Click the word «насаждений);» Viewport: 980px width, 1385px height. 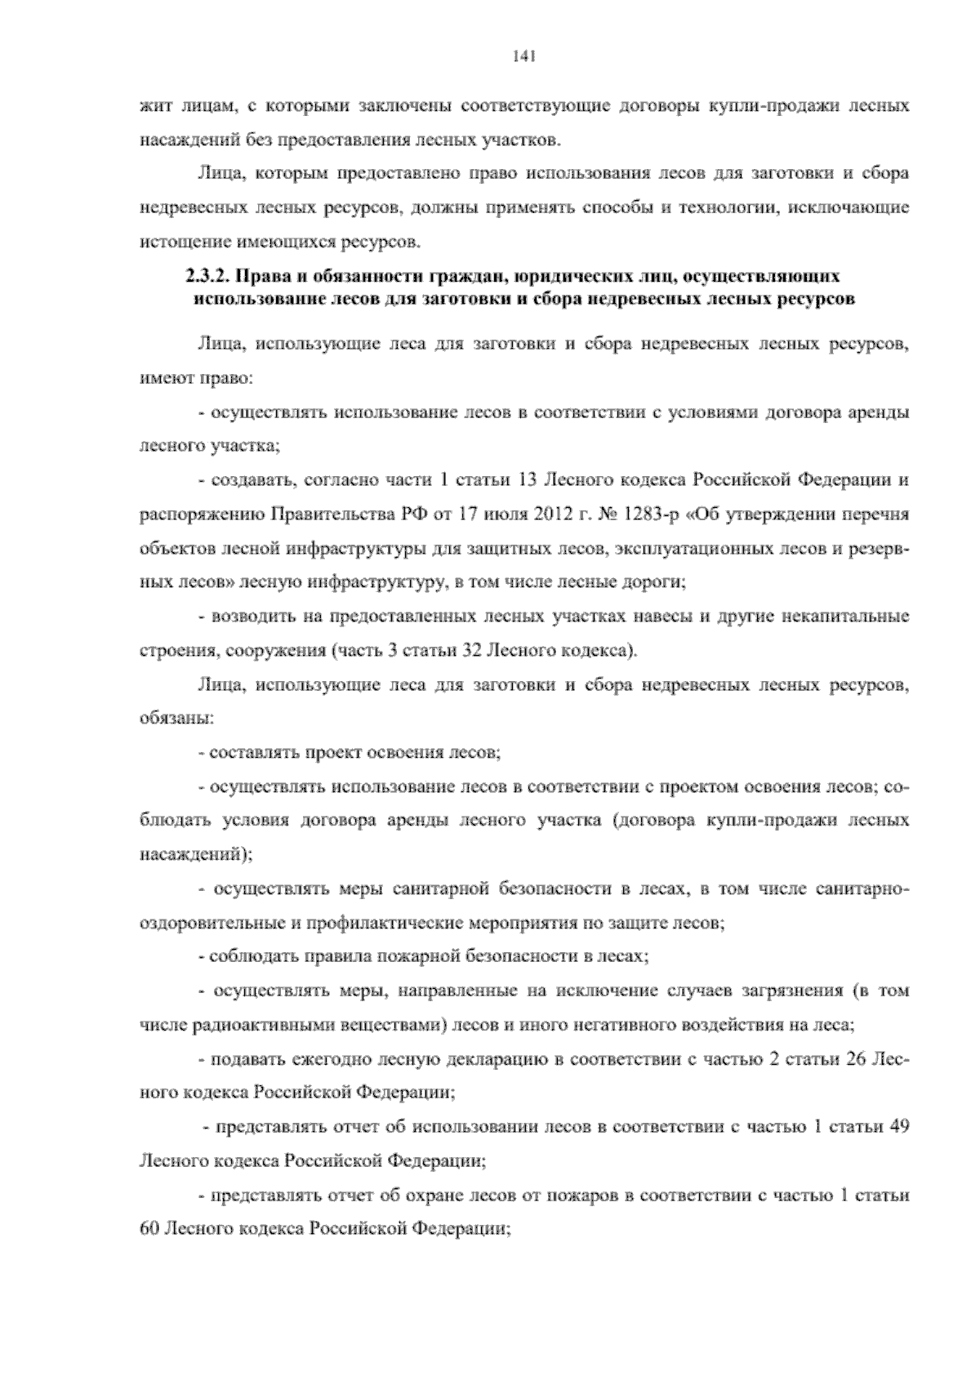(196, 855)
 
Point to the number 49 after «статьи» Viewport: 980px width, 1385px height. (899, 1127)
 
